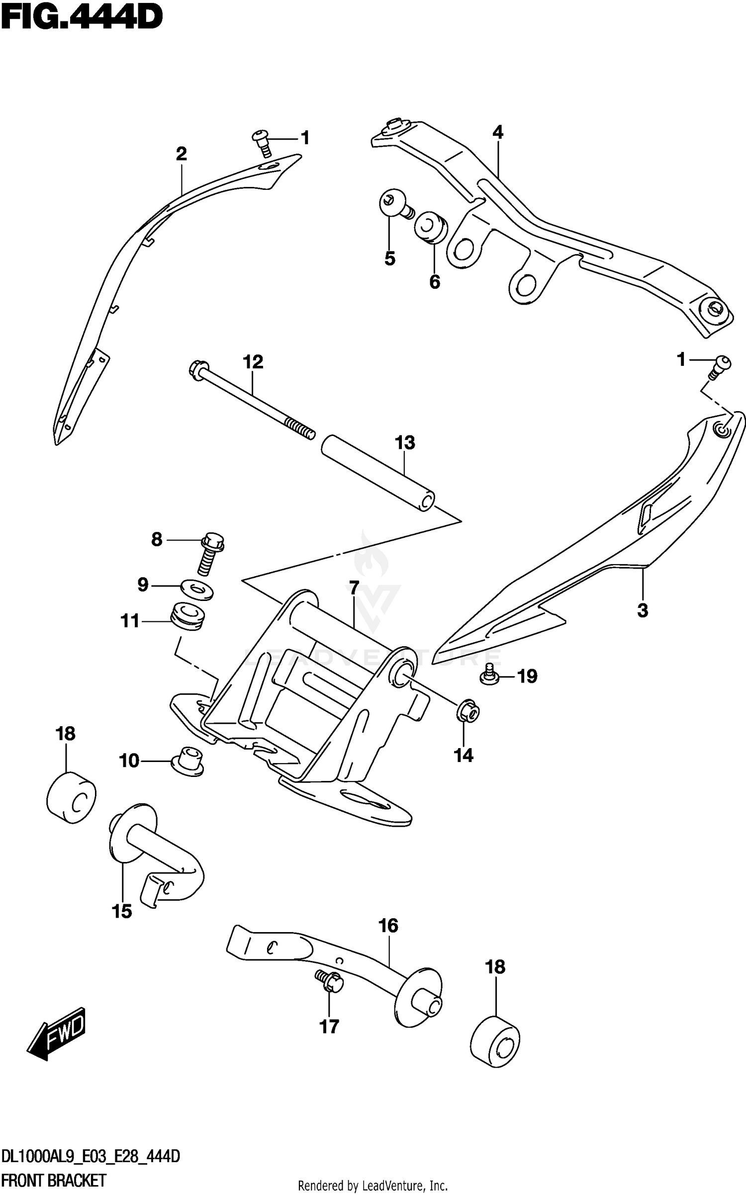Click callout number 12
253,361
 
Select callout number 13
405,442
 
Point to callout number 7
354,588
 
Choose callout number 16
388,926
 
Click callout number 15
122,911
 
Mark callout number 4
498,132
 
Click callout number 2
181,154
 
